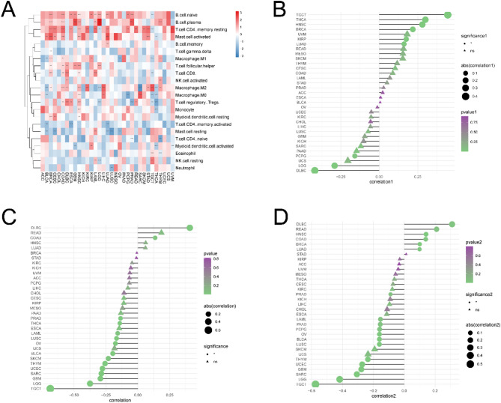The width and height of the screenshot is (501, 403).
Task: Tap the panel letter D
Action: pos(261,216)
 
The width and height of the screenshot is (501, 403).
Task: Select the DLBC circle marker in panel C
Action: pos(190,228)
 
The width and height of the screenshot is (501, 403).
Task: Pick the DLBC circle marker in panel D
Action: pos(452,224)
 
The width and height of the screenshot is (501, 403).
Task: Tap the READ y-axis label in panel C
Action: pos(35,233)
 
